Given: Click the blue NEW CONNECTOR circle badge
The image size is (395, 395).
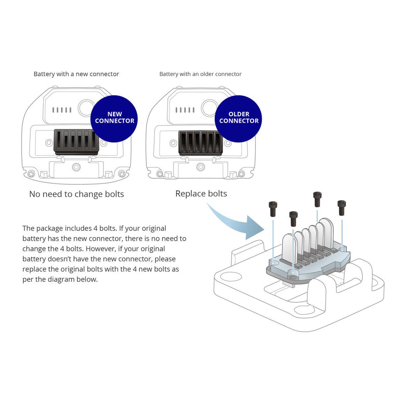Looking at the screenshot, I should [114, 118].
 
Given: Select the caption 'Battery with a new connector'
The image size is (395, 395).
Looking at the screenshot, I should [76, 74].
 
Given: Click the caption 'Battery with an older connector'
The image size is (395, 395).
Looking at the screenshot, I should [200, 74].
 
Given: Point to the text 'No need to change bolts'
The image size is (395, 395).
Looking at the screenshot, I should [76, 194].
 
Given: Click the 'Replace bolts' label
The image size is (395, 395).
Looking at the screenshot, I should [201, 194].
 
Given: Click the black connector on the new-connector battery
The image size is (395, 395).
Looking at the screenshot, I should [76, 142].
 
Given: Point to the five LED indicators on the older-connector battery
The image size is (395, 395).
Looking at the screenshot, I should [185, 110].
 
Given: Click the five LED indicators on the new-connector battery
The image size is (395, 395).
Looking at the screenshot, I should [62, 110].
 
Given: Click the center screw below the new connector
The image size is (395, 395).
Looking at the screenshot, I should [77, 166].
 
